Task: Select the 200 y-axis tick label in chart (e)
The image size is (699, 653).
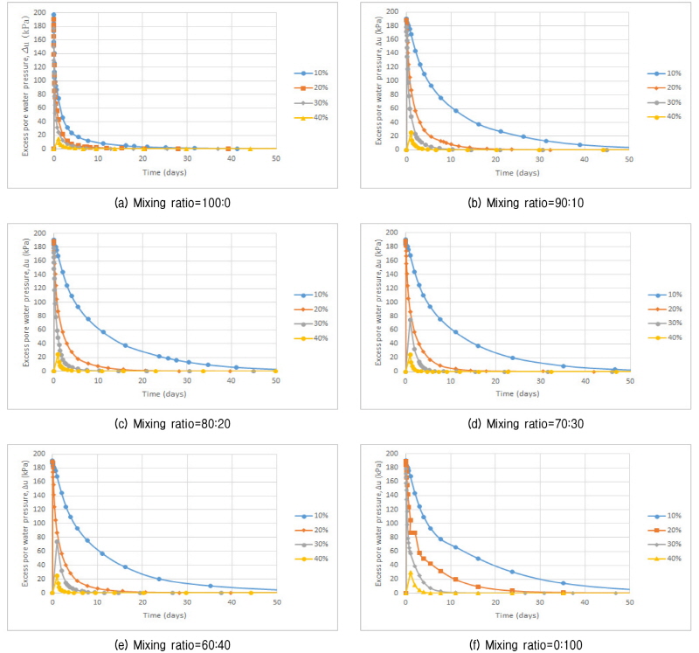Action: (40, 454)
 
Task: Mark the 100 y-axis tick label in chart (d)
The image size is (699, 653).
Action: (391, 302)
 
